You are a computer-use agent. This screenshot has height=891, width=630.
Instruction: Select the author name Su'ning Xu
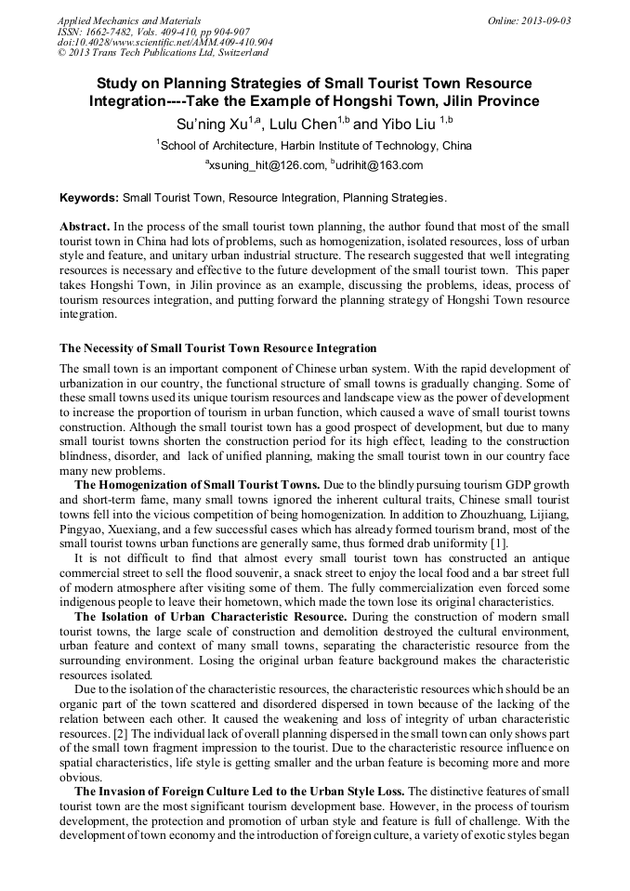tap(210, 124)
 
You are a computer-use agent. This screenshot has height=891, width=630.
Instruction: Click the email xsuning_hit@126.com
tap(265, 165)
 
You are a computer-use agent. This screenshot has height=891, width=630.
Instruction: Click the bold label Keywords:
tap(89, 198)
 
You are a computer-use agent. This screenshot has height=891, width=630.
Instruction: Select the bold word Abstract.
tap(85, 226)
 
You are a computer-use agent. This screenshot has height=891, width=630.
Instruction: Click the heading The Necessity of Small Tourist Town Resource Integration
tap(218, 348)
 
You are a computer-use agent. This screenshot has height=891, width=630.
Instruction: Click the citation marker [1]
tap(500, 543)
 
